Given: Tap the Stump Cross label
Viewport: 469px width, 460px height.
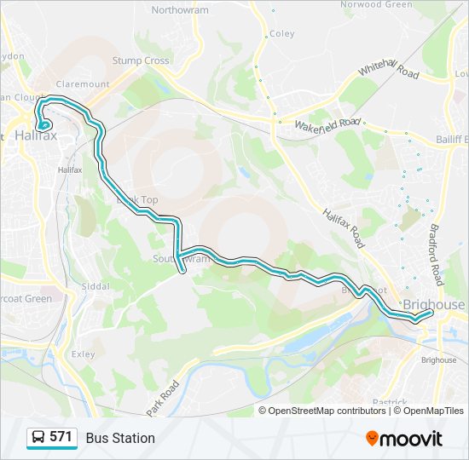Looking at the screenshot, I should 142,60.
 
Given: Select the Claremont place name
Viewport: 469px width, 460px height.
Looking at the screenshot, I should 83,84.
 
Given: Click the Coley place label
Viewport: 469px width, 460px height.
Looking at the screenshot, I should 281,34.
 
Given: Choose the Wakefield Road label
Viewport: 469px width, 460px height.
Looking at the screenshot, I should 328,124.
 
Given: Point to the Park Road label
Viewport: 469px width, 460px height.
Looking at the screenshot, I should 165,397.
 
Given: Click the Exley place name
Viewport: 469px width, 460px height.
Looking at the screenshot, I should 84,354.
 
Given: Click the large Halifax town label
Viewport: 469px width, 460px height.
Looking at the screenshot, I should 36,135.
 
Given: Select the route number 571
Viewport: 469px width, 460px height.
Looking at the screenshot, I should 61,437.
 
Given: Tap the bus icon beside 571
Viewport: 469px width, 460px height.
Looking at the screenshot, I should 38,438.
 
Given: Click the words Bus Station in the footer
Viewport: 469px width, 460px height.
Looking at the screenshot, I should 120,438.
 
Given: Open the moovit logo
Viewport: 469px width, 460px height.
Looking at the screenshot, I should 404,438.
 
